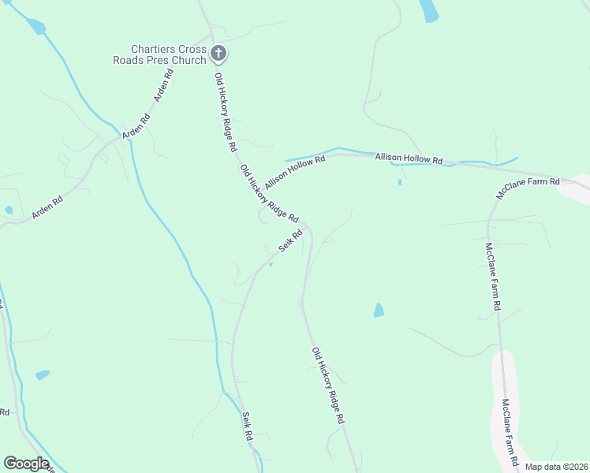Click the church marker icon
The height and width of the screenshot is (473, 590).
(219, 54)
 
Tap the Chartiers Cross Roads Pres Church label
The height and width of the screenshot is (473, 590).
(168, 54)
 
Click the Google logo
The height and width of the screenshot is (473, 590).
(26, 464)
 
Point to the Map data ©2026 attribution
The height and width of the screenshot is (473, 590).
(556, 467)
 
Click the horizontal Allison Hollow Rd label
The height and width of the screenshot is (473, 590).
(409, 158)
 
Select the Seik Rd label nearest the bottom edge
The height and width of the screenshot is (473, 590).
(247, 426)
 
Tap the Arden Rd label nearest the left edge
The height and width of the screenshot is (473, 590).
(47, 205)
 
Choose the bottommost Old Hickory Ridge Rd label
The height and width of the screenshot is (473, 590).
(328, 386)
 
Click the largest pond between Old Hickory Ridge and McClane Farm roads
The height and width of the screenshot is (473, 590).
(379, 310)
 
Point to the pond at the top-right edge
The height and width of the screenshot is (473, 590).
(429, 10)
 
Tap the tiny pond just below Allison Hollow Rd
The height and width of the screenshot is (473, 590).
(399, 182)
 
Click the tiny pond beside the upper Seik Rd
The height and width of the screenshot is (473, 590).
(271, 265)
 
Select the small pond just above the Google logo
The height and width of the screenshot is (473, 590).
(43, 375)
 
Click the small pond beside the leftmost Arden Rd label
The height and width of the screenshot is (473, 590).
(8, 210)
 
